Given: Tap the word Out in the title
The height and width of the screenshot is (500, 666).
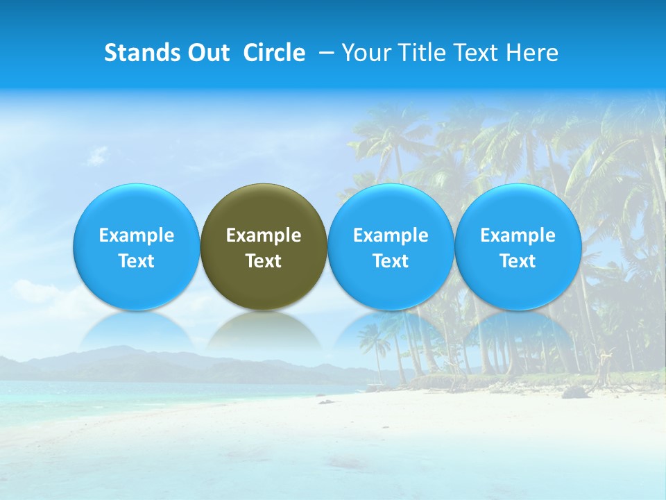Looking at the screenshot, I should click(207, 53).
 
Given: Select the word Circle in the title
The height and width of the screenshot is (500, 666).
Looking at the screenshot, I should click(274, 53).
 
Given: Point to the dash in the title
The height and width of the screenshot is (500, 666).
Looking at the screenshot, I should click(324, 53).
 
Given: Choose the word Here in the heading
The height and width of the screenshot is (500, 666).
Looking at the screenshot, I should click(531, 53).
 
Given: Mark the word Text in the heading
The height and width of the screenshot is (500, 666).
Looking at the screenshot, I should click(477, 53).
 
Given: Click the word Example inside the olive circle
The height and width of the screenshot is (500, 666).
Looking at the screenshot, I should click(264, 235).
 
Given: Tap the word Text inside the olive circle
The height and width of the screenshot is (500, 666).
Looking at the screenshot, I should click(264, 261).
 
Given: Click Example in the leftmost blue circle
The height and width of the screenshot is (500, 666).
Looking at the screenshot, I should click(137, 235).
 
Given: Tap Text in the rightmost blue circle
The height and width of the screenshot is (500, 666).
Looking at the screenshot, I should click(518, 261).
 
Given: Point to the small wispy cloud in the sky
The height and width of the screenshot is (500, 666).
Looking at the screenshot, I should click(97, 154).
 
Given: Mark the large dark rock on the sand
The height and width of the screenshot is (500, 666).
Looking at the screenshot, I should click(575, 392).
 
